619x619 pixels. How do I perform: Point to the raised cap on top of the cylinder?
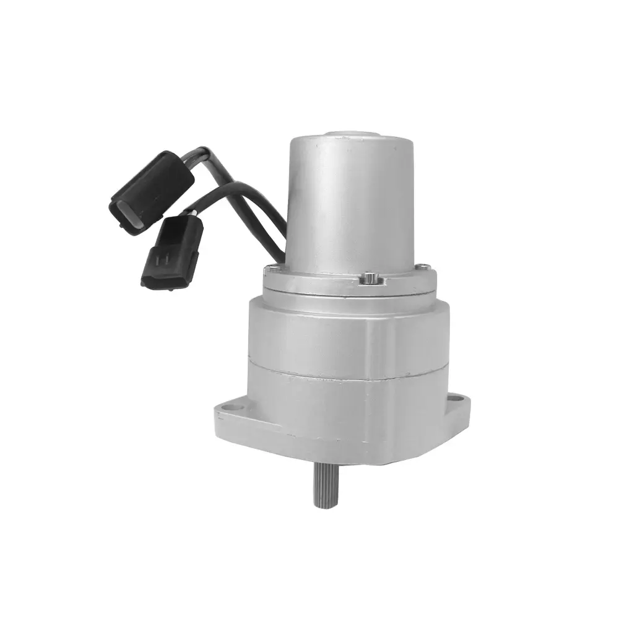click(352, 134)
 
